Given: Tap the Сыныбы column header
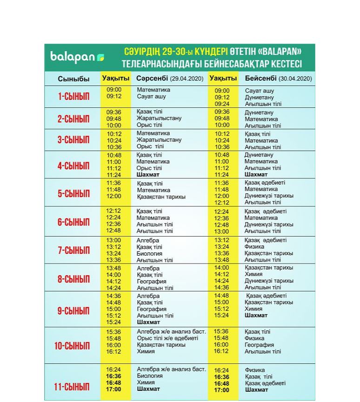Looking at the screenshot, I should [x=73, y=79].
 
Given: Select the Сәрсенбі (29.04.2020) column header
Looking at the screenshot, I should [x=170, y=79].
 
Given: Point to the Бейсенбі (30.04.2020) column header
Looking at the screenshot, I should [x=278, y=79].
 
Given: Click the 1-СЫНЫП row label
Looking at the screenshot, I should [x=73, y=97].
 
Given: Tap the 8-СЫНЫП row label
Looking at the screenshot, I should [x=73, y=279].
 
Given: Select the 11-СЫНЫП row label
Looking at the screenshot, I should [x=72, y=387].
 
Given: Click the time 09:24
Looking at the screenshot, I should [x=222, y=104].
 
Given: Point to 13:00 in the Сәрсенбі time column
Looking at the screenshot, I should [x=113, y=240].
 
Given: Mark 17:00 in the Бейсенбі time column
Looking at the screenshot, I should [x=222, y=389].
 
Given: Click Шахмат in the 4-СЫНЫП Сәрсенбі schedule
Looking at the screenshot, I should [x=148, y=175].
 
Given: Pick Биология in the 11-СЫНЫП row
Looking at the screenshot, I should [x=149, y=376].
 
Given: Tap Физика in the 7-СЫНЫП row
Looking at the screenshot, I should [x=254, y=247].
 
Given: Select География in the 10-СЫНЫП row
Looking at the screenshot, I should [x=259, y=345].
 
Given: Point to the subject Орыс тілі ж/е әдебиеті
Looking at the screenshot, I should [x=167, y=338].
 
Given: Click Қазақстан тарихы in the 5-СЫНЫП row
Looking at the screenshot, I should [x=161, y=197].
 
